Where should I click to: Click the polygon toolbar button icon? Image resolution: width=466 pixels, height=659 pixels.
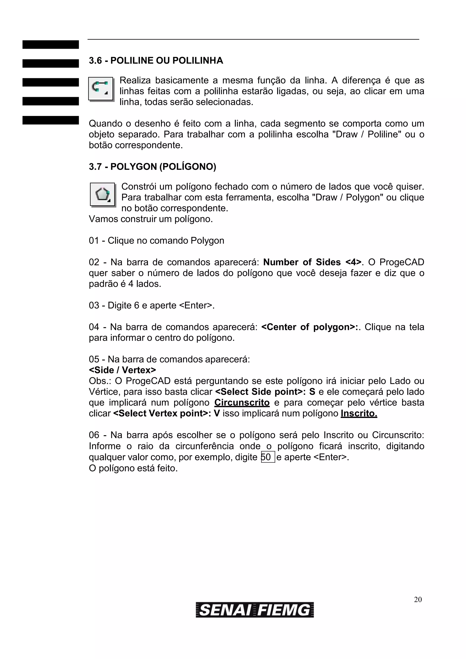102,194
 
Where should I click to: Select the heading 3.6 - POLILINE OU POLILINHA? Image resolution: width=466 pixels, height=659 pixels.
156,60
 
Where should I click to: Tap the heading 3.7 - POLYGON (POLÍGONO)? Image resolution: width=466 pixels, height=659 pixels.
152,166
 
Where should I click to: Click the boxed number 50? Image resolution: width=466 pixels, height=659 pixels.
268,457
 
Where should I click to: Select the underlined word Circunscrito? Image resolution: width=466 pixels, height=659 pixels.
242,402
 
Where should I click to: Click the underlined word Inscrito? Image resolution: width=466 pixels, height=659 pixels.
359,413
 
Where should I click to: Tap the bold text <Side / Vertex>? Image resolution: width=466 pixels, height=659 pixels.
122,370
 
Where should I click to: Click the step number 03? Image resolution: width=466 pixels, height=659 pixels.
94,305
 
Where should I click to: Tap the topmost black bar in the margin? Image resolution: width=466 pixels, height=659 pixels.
51,45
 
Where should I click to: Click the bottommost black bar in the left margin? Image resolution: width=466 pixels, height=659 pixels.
51,120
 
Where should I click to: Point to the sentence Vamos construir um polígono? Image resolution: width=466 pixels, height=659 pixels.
151,219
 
